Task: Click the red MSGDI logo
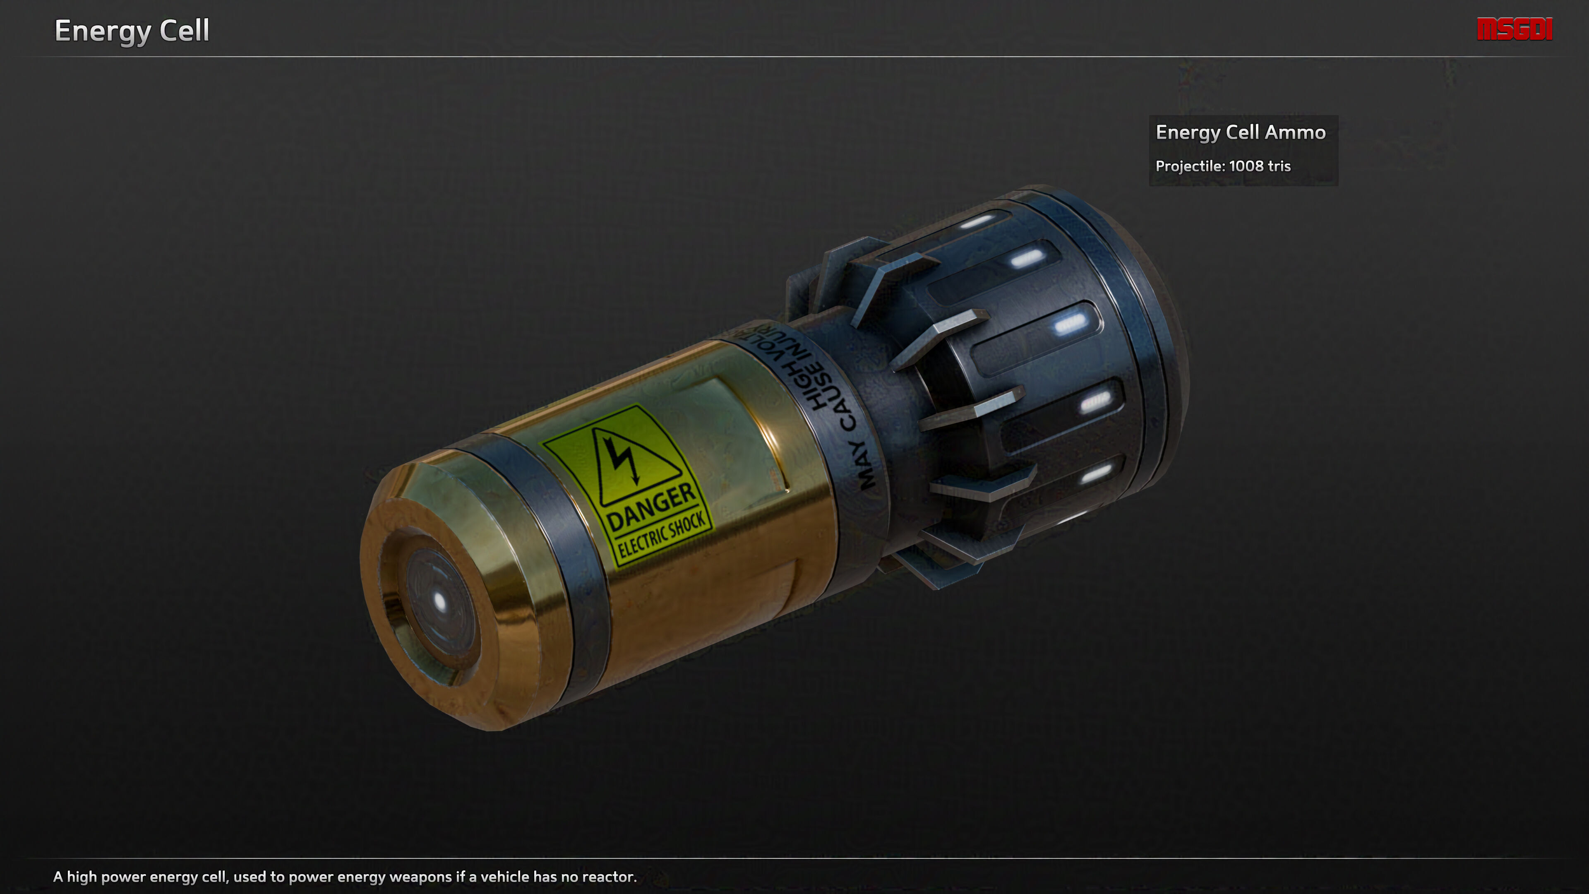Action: point(1515,29)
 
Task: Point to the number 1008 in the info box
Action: point(1246,166)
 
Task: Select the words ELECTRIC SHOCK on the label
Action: point(661,535)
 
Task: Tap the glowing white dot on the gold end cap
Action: point(439,600)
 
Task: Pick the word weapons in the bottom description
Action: point(421,877)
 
